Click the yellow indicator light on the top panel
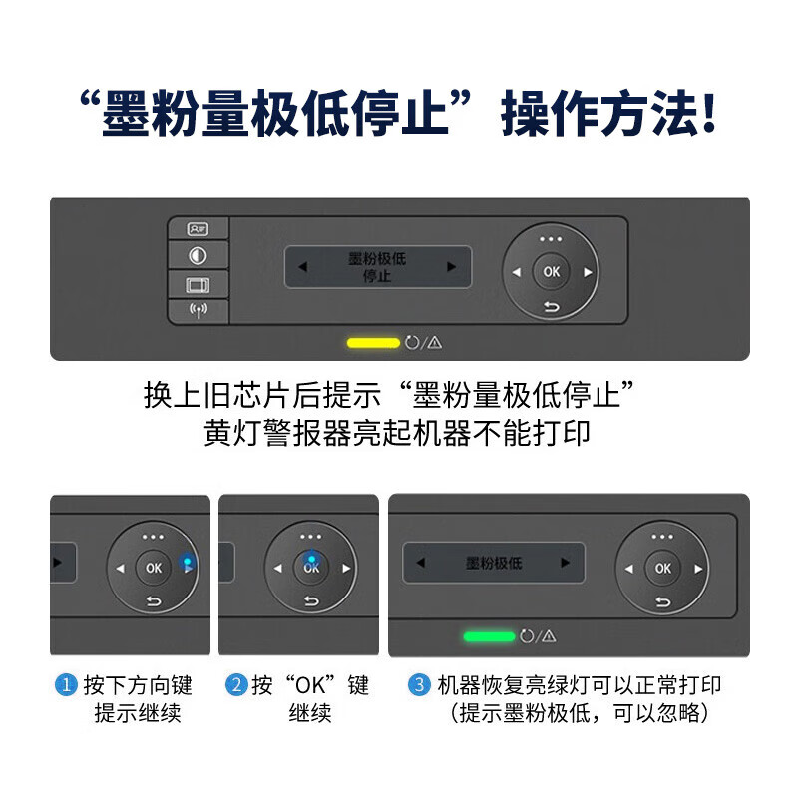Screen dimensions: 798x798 [x=372, y=343]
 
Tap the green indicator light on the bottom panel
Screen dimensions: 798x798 [x=489, y=636]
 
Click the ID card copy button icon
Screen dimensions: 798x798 [x=198, y=229]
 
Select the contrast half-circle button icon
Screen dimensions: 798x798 [x=198, y=256]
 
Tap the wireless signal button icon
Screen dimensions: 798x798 [x=198, y=311]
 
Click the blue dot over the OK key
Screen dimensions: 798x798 [x=311, y=559]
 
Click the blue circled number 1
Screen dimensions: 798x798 [x=66, y=686]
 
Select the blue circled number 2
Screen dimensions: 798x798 [x=236, y=686]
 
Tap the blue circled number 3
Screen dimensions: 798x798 [x=419, y=686]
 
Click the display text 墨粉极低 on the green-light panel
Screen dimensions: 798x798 [x=494, y=563]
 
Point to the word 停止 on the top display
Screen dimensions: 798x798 [x=376, y=276]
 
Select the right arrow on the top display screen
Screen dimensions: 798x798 [x=451, y=267]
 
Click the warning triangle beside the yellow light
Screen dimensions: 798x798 [x=435, y=343]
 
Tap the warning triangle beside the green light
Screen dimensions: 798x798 [x=548, y=636]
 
